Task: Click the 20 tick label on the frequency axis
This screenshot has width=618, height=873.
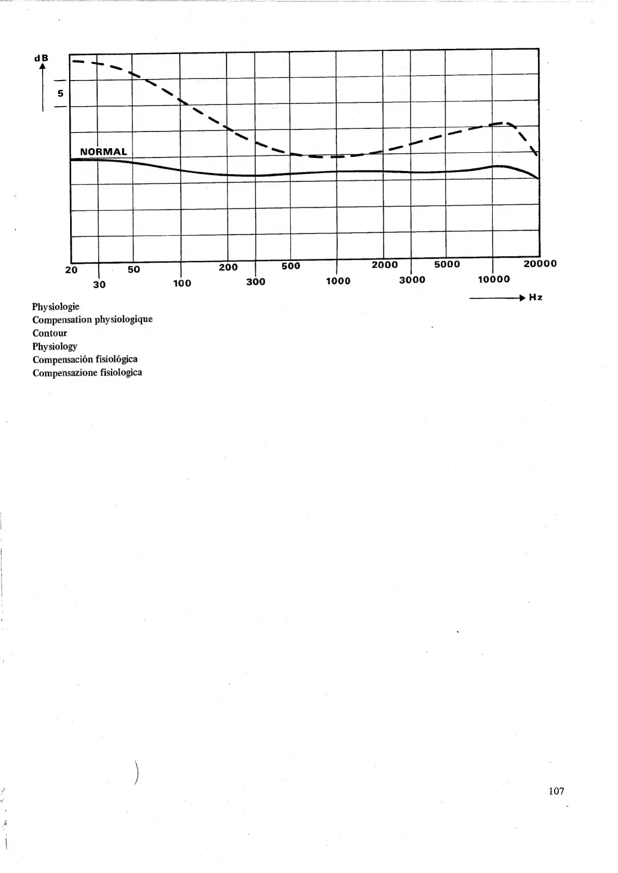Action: [x=71, y=270]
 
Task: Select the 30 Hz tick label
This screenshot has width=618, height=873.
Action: [x=99, y=284]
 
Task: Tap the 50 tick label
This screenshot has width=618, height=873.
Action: [x=134, y=269]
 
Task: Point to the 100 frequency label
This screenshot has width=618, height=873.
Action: [x=182, y=283]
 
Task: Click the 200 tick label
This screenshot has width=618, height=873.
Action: [x=229, y=267]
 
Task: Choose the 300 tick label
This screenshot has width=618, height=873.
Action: [x=256, y=282]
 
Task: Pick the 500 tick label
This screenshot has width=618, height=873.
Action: [x=291, y=266]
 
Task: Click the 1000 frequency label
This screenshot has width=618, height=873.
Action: [x=338, y=281]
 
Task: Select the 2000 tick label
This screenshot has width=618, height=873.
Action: [x=385, y=264]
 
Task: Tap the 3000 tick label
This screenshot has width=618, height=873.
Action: [x=412, y=280]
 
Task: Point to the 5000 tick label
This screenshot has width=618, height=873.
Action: [x=447, y=264]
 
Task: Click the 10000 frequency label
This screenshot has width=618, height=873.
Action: [x=494, y=279]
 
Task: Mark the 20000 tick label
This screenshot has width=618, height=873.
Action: [x=540, y=263]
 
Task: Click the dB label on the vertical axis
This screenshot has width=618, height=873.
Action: [x=41, y=58]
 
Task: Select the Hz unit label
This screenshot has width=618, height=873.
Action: [x=536, y=297]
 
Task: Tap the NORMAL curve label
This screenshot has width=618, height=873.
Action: [x=103, y=152]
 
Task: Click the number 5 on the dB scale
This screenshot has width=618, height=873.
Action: [x=60, y=94]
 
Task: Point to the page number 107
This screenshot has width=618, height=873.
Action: [x=556, y=791]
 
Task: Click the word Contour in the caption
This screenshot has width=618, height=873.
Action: [x=50, y=333]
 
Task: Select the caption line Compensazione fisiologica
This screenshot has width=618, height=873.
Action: [x=87, y=373]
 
